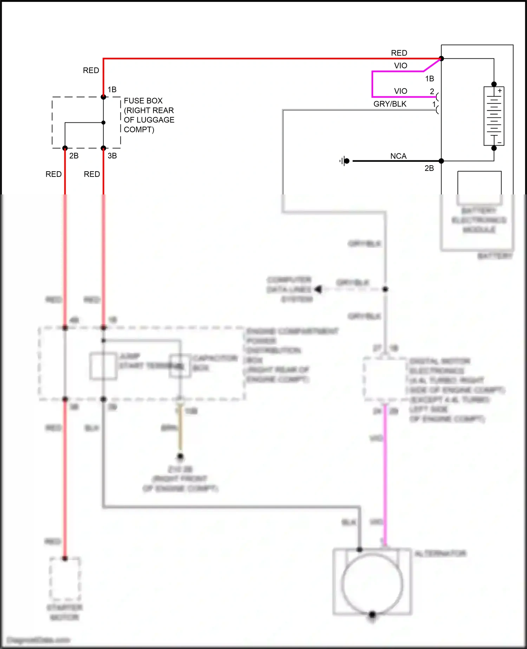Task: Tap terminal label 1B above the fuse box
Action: pos(112,90)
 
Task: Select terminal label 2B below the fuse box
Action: pos(74,156)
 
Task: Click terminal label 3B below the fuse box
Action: pos(112,156)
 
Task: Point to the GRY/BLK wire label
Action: pos(390,104)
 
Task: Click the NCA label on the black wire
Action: pos(398,156)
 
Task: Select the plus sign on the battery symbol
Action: pos(500,91)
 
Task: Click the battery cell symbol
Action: pos(494,116)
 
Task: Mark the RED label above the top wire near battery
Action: pos(399,53)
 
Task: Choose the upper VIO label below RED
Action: pos(400,66)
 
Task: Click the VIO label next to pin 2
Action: pos(400,91)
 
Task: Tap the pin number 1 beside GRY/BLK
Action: pos(434,104)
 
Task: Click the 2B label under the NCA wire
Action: pos(429,168)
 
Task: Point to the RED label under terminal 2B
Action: pos(53,174)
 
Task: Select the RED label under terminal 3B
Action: pos(92,174)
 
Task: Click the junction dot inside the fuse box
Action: pos(103,123)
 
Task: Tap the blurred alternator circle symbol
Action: pos(372,584)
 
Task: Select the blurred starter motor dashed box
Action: pos(65,579)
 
